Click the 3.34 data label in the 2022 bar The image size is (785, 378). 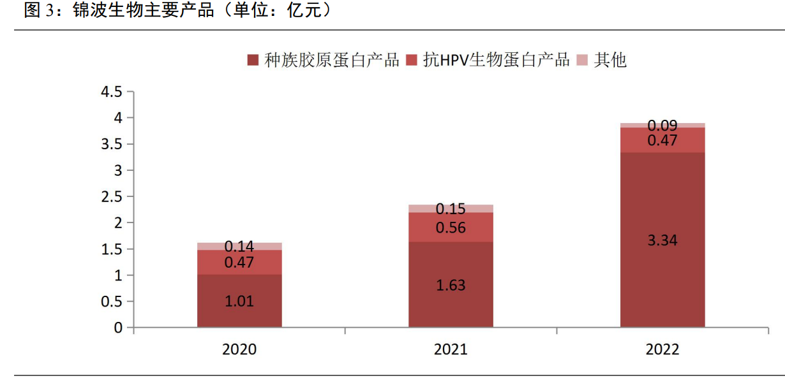tap(662, 240)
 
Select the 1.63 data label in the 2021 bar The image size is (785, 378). tap(451, 286)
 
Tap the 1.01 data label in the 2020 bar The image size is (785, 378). tap(239, 302)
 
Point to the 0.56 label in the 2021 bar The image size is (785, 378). tap(451, 228)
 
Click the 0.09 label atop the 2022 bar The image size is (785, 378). tap(662, 126)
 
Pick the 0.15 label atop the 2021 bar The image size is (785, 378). tap(451, 209)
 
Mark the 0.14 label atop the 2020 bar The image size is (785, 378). tap(239, 247)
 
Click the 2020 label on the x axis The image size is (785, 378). tap(239, 350)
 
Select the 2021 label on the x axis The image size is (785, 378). tap(451, 350)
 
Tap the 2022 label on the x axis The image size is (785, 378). tap(662, 350)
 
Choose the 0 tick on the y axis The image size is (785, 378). tap(118, 328)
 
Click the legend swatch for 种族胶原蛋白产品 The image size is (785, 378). tap(253, 61)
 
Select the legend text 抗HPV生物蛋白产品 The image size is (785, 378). tap(496, 60)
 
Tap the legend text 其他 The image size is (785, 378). tap(610, 60)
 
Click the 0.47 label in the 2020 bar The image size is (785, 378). tap(239, 263)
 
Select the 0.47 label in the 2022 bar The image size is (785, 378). tap(662, 141)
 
